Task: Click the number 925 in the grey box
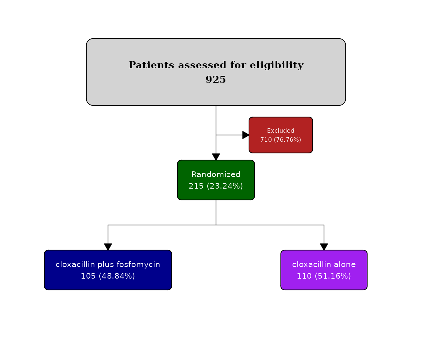(x=216, y=79)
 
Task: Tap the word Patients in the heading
(x=151, y=65)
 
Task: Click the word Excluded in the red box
(x=281, y=130)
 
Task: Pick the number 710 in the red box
(x=266, y=139)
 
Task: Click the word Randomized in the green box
(x=216, y=174)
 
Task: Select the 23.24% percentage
(x=225, y=186)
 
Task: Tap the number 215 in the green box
(x=196, y=186)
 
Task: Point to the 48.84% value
(x=117, y=276)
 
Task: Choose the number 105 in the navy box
(x=88, y=276)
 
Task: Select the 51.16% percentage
(x=333, y=276)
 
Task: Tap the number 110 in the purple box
(x=304, y=276)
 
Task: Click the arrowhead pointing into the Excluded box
(x=246, y=135)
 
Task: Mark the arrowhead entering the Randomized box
(x=216, y=157)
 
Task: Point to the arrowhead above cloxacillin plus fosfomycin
(x=108, y=247)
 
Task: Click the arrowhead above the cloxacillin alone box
(x=324, y=247)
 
